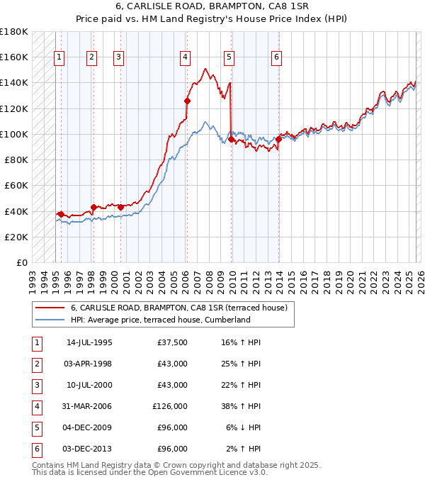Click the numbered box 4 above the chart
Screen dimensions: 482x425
[185, 57]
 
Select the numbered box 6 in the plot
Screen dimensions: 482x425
[276, 57]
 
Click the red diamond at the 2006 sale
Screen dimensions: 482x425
[188, 101]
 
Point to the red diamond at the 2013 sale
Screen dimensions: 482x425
[278, 140]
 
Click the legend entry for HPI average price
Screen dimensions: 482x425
[160, 320]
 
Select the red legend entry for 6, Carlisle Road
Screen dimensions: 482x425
[178, 308]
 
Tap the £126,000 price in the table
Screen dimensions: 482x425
[170, 406]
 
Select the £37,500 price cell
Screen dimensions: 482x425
[172, 342]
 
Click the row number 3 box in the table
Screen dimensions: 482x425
[35, 385]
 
